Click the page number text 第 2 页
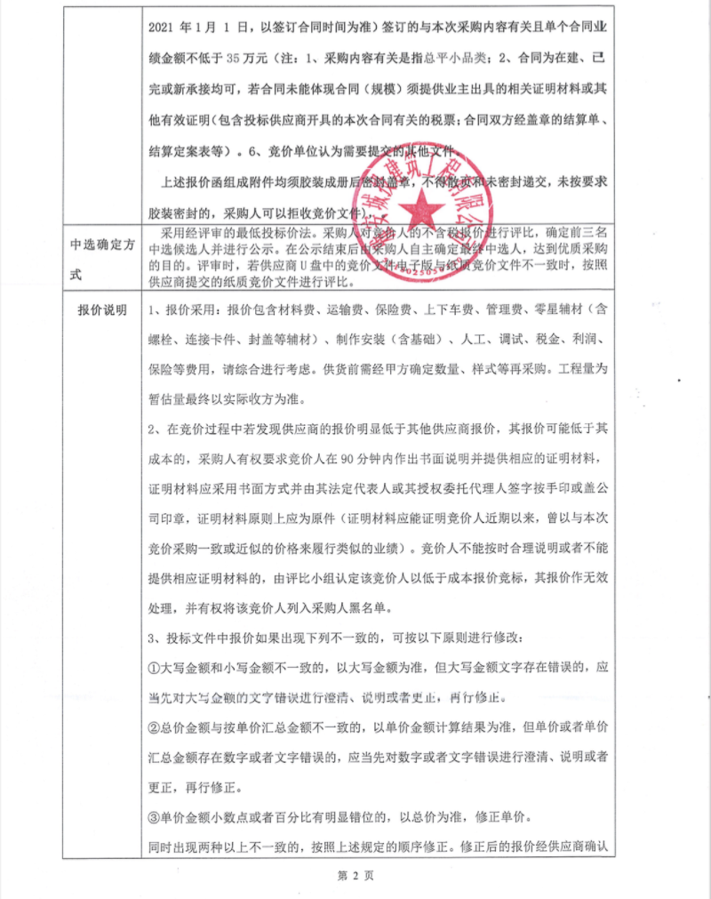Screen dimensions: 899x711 click(355, 875)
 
